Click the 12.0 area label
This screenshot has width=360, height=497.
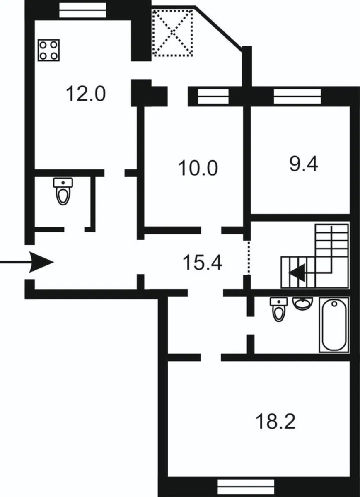point(85,94)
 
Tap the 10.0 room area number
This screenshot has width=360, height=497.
point(198,168)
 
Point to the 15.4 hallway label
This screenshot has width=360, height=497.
point(203,263)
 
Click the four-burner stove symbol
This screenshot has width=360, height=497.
point(48,50)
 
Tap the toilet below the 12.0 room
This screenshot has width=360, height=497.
point(63,191)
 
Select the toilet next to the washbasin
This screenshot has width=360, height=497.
point(279,309)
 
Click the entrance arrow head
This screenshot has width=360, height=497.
point(41,262)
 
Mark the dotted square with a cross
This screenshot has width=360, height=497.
point(172,33)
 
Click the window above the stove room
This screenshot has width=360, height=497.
point(83,10)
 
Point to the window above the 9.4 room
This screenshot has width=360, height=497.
point(297,97)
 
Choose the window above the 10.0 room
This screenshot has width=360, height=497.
point(213,97)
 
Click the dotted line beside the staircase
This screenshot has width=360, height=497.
point(249,258)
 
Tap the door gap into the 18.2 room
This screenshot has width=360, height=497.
point(211,357)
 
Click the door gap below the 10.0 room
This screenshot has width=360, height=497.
point(211,230)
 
